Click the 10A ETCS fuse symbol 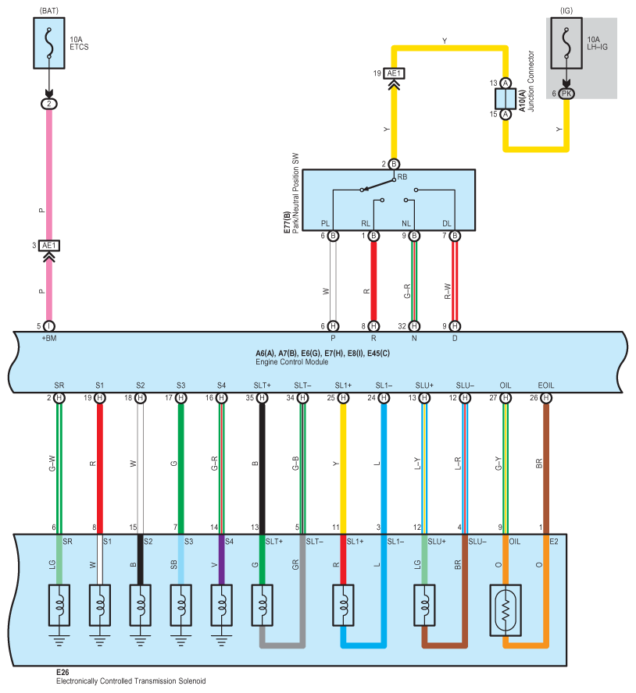(49, 43)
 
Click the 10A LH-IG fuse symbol (566, 43)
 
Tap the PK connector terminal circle (566, 93)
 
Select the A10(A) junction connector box (506, 98)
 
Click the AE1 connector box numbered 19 (394, 73)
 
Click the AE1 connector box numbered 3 (49, 245)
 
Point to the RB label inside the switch (402, 177)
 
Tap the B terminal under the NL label (414, 236)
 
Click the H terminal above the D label (455, 326)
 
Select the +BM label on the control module (49, 339)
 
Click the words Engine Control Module (291, 361)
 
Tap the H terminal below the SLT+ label (262, 398)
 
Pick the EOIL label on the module (545, 386)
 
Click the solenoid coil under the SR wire (59, 605)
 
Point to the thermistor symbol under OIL (506, 610)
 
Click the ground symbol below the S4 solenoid (222, 641)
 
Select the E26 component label (63, 672)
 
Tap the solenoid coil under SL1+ (343, 605)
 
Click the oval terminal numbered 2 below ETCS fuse (49, 104)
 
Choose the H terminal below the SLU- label (465, 398)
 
